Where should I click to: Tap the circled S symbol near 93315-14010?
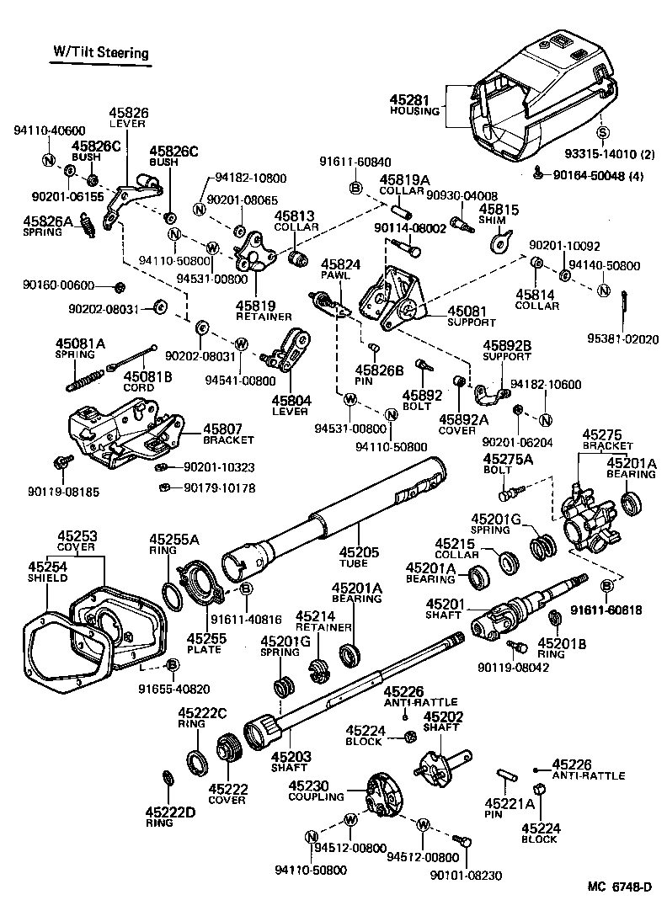[602, 132]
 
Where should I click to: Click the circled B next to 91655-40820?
[172, 666]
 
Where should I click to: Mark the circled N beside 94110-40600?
[48, 160]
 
